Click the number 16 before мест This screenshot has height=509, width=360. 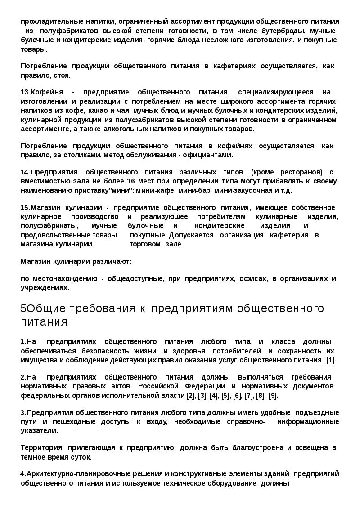point(131,181)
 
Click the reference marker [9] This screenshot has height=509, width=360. point(273,395)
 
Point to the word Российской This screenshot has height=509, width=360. point(155,386)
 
